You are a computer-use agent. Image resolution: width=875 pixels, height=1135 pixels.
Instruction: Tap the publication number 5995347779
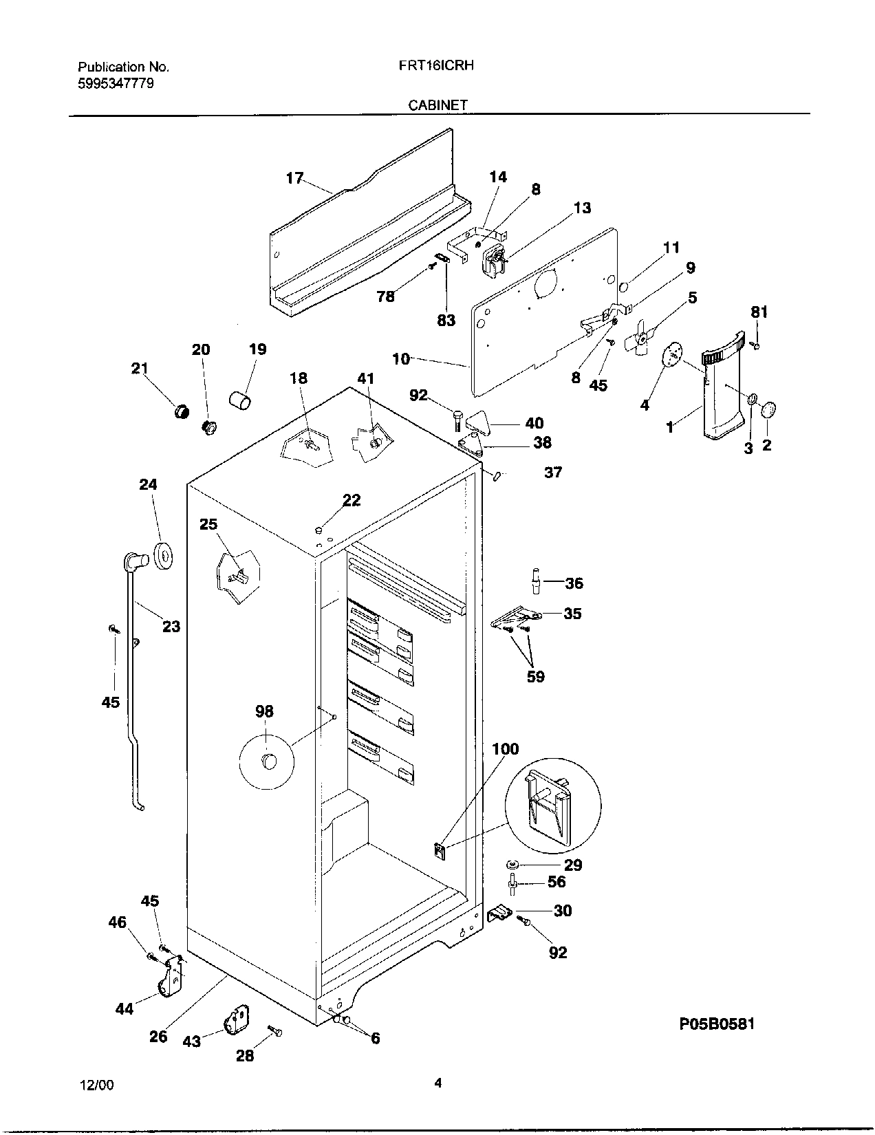[x=116, y=83]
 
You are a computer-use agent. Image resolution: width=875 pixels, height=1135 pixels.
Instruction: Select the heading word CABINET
[x=437, y=105]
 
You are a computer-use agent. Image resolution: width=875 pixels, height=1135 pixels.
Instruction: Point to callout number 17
[x=294, y=178]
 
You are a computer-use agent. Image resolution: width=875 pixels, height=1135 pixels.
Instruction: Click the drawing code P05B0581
[x=717, y=1024]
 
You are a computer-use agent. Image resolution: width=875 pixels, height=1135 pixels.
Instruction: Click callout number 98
[x=264, y=711]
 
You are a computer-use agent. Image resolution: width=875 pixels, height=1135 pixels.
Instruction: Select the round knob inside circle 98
[x=267, y=761]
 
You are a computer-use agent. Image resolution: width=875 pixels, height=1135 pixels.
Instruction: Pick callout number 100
[x=506, y=748]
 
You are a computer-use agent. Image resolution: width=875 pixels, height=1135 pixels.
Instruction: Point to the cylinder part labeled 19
[x=240, y=399]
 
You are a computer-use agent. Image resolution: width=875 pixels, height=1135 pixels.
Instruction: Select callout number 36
[x=574, y=583]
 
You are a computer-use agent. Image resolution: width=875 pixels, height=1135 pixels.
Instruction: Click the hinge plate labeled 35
[x=516, y=617]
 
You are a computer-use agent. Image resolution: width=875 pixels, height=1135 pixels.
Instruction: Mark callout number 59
[x=535, y=676]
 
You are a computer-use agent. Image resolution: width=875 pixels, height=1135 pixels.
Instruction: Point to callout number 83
[x=446, y=320]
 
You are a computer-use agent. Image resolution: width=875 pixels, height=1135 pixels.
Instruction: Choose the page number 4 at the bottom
[x=437, y=1083]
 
